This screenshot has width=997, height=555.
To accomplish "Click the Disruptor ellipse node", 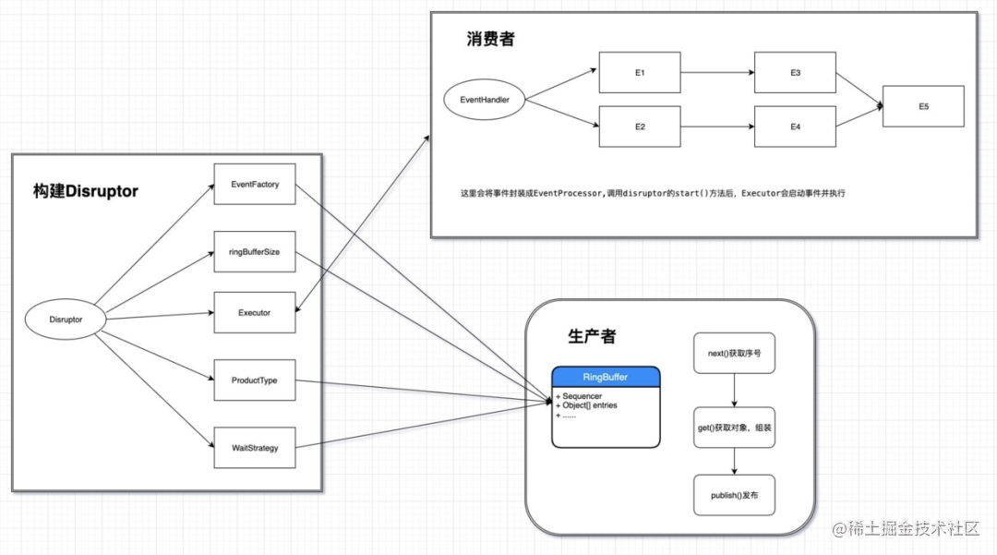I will [66, 320].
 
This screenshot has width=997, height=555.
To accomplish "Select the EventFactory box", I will [254, 185].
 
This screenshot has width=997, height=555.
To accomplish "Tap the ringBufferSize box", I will [254, 252].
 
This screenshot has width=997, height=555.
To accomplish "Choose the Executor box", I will [254, 312].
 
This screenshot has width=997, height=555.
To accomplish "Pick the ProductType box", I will [254, 380].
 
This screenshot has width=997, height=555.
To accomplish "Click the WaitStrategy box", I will [254, 448].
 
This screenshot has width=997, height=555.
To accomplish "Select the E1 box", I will [640, 72].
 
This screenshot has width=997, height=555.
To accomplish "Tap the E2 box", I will [640, 127].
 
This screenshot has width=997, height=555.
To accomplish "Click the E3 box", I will [795, 72].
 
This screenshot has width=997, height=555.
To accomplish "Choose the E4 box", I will [795, 127].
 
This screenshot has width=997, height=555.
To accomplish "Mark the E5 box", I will [923, 106].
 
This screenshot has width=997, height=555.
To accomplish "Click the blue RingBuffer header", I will [606, 377].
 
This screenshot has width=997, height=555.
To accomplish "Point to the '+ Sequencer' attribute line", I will [580, 395].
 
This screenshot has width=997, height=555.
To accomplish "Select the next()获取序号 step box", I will [734, 354].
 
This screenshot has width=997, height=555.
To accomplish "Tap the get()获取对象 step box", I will [734, 428].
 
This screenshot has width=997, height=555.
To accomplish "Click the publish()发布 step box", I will [734, 495].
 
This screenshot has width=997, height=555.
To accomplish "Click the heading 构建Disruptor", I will [85, 192].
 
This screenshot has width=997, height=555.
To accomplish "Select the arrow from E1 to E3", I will [717, 72].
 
